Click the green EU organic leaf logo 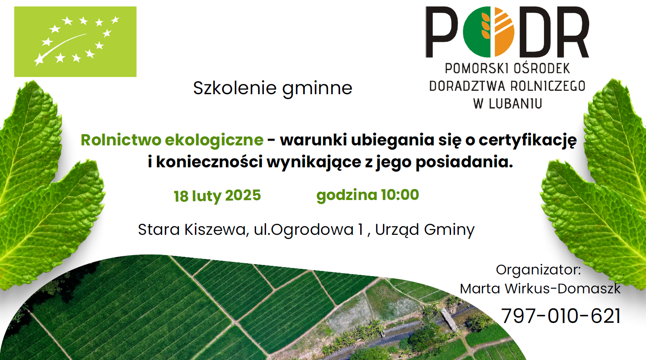(75, 41)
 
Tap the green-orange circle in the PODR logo (488, 32)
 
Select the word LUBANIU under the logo (516, 104)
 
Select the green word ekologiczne (214, 141)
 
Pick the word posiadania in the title (464, 162)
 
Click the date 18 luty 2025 (217, 196)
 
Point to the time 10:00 (400, 195)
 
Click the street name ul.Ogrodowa (304, 230)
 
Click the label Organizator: (538, 271)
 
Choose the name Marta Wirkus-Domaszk (540, 289)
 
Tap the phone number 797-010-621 (561, 316)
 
